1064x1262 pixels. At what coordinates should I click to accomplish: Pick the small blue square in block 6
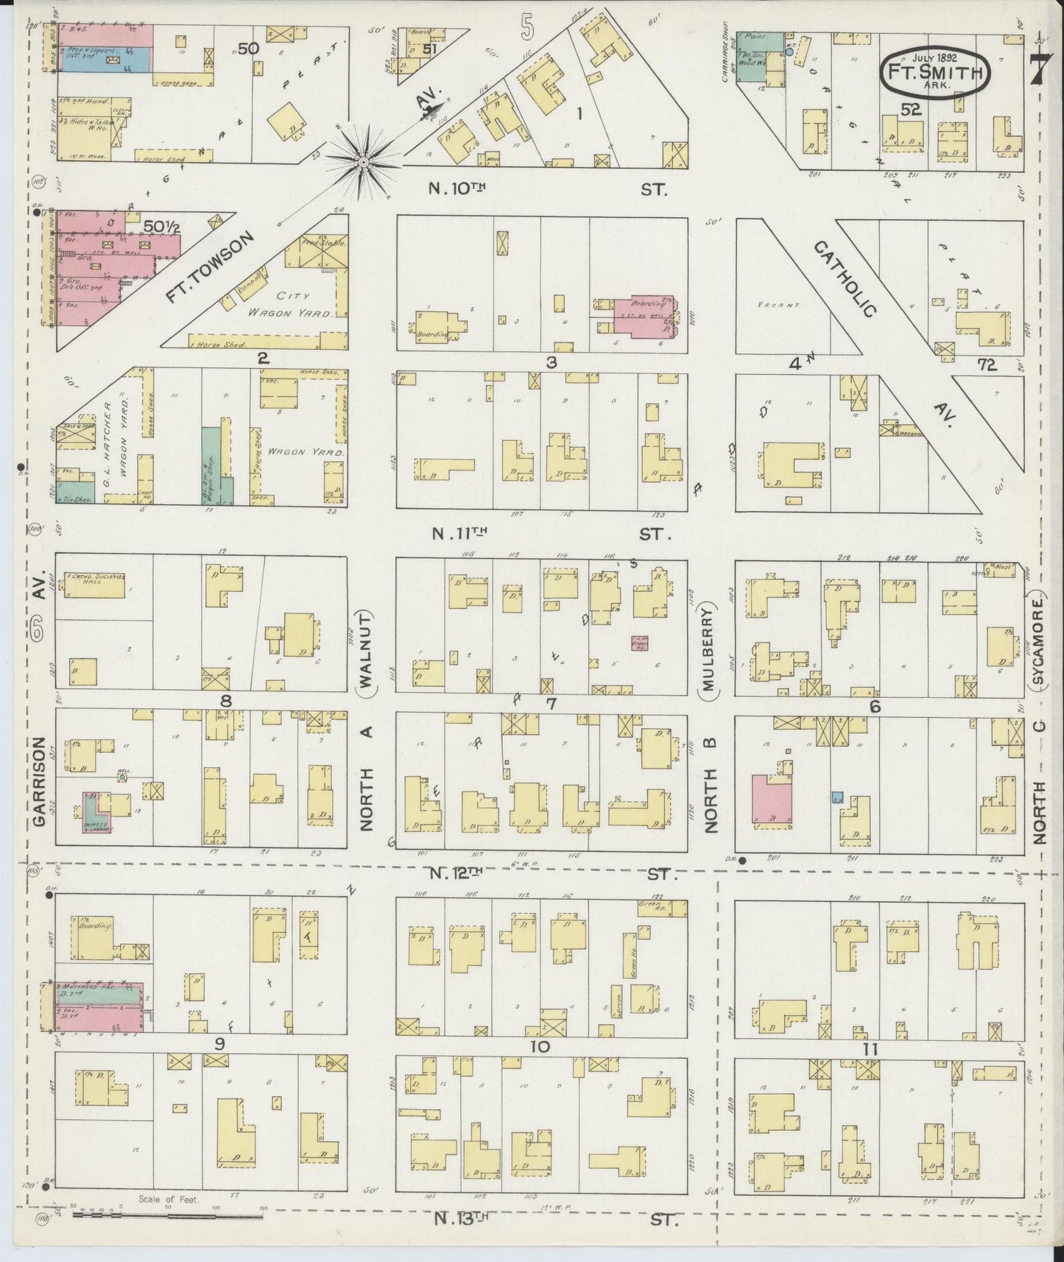[x=837, y=797]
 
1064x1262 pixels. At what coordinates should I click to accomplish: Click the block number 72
[x=987, y=364]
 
